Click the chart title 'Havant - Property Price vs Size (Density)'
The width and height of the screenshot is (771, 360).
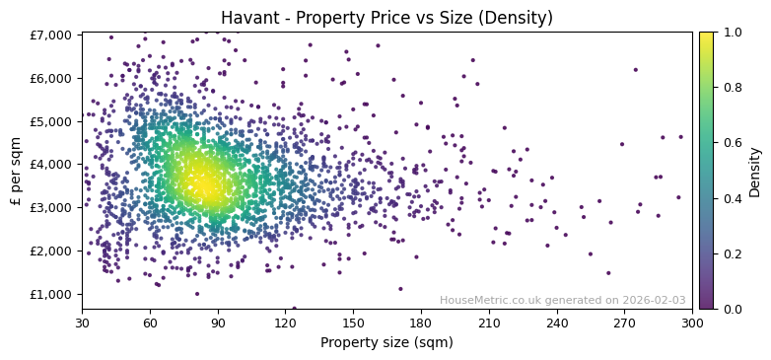pyautogui.click(x=386, y=18)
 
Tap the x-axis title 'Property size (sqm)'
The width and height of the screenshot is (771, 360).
pyautogui.click(x=386, y=342)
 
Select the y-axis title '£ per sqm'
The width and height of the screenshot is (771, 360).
pyautogui.click(x=17, y=171)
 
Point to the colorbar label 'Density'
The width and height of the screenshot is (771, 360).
pyautogui.click(x=755, y=171)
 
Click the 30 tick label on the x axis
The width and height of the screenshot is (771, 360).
pyautogui.click(x=82, y=322)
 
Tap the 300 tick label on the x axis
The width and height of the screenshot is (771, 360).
pyautogui.click(x=692, y=322)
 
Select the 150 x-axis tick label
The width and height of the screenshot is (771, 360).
pyautogui.click(x=353, y=322)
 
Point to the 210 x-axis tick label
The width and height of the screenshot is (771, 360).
pyautogui.click(x=489, y=322)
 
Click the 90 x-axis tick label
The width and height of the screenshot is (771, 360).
pyautogui.click(x=218, y=322)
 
